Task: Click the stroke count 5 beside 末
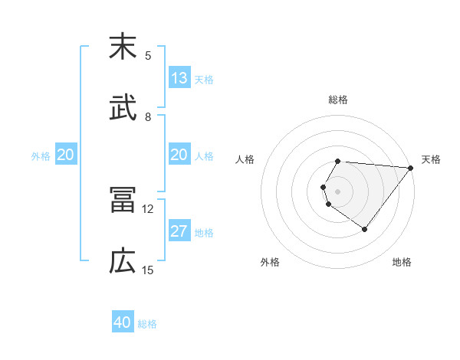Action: point(148,56)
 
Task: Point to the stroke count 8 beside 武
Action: point(148,117)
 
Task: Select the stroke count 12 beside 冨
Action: point(148,209)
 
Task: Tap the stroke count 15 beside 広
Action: point(148,270)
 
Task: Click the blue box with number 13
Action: point(179,78)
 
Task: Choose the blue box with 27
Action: point(179,231)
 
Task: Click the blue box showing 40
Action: point(123,322)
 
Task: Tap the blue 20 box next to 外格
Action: point(66,155)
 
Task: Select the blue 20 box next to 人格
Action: point(179,155)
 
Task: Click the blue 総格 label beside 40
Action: point(148,324)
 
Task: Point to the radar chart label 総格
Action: point(338,100)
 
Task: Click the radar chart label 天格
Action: point(431,159)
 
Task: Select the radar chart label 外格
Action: point(270,262)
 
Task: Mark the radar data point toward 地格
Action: point(365,229)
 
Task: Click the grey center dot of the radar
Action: point(338,191)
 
